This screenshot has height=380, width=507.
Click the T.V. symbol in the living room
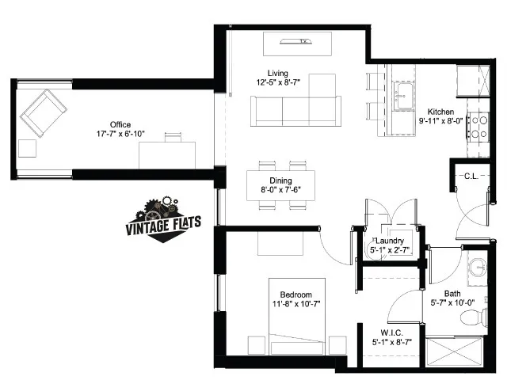tap(295, 41)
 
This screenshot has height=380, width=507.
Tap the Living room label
tap(278, 73)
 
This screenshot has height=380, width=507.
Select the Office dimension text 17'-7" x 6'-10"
tap(120, 134)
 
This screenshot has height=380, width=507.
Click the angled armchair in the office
tap(44, 112)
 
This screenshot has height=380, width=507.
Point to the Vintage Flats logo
tap(163, 219)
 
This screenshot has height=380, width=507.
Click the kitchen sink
tap(404, 97)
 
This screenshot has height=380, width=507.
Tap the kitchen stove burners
tap(478, 127)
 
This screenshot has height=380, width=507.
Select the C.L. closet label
tap(471, 176)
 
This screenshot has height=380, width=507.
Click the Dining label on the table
tap(280, 180)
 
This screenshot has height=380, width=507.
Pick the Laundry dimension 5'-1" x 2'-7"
tap(390, 250)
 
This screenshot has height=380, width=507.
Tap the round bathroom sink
tap(478, 268)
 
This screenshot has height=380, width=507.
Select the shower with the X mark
tap(454, 351)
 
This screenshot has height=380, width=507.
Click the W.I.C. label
tap(391, 332)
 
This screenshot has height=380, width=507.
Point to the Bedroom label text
tap(295, 294)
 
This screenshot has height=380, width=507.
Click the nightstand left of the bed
tap(257, 345)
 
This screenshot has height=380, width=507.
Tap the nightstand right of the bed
tap(338, 345)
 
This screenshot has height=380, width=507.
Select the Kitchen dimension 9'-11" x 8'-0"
tap(441, 121)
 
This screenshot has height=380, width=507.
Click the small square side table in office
tap(27, 149)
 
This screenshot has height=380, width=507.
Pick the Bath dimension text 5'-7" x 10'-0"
tap(452, 302)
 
